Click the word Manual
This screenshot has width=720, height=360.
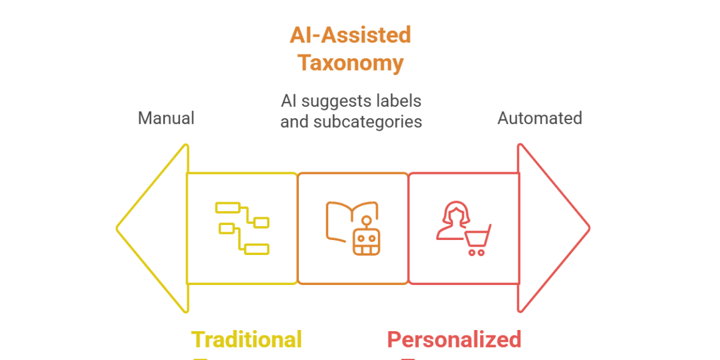[x=166, y=118]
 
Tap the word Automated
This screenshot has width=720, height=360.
[x=539, y=118]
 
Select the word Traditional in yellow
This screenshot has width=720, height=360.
[x=246, y=340]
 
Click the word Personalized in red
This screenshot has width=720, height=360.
[x=454, y=340]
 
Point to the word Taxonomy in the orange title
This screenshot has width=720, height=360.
[x=351, y=63]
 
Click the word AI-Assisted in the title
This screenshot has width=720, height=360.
[x=350, y=35]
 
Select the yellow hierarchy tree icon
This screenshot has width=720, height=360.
[x=242, y=228]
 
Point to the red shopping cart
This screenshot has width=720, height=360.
[x=478, y=241]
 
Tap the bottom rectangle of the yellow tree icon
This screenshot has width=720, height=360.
[x=257, y=249]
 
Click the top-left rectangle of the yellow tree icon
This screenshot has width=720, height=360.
[x=227, y=208]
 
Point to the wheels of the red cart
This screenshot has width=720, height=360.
[x=476, y=253]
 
